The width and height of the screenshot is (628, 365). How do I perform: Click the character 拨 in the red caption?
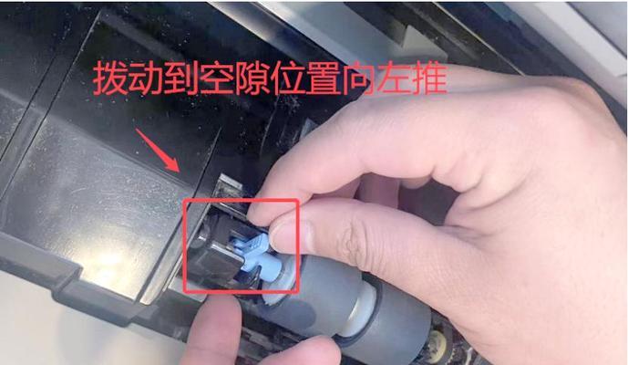[x=112, y=80]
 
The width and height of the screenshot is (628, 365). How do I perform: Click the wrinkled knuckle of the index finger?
[x=351, y=242]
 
